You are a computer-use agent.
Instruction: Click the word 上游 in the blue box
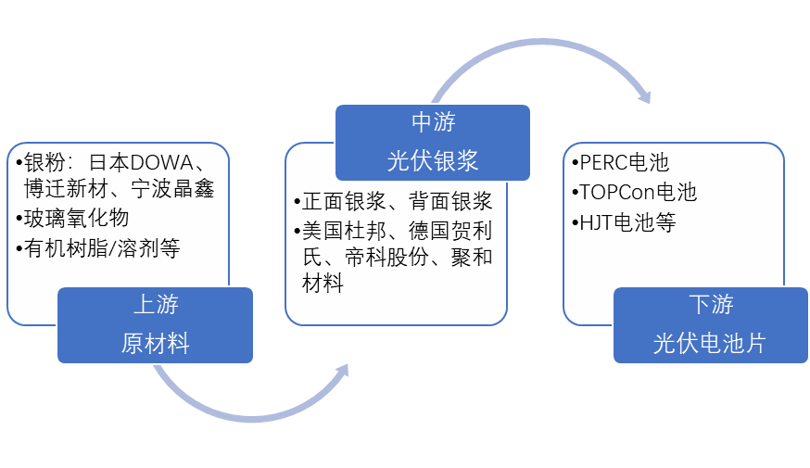(x=155, y=305)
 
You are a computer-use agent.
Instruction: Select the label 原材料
(x=155, y=344)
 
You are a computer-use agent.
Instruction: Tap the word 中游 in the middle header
(x=433, y=122)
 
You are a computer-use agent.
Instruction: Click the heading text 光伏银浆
(x=433, y=160)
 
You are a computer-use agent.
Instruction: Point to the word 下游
(x=711, y=305)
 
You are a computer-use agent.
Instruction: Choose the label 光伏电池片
(x=711, y=344)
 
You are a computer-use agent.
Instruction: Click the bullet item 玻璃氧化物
(x=77, y=219)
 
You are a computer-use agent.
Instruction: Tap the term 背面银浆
(x=454, y=202)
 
